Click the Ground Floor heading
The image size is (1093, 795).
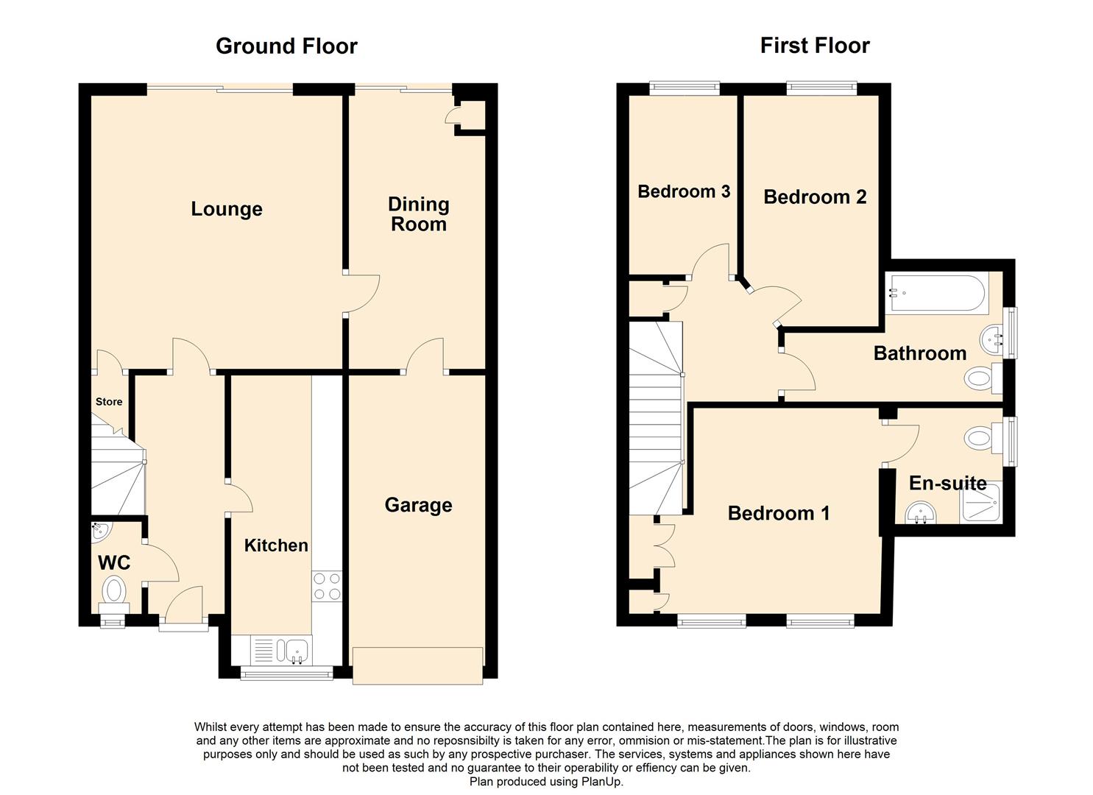point(286,46)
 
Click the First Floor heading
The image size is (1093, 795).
point(815,46)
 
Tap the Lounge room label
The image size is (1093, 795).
point(227,209)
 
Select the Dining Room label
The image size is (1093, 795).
point(418,214)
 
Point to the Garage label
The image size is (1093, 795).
point(418,505)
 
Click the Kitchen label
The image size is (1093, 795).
point(276,545)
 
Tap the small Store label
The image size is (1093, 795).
point(109,402)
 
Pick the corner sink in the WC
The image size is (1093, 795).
point(99,529)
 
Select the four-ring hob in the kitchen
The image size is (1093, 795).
point(327,586)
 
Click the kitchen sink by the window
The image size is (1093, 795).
point(296,650)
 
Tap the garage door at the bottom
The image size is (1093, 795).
point(417,665)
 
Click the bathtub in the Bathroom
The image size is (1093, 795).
point(935,293)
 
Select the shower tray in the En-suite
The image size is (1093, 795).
point(981,504)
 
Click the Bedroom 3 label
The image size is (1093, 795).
point(684,191)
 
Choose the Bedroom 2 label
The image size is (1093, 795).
point(815,197)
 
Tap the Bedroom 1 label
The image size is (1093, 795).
point(779,513)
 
